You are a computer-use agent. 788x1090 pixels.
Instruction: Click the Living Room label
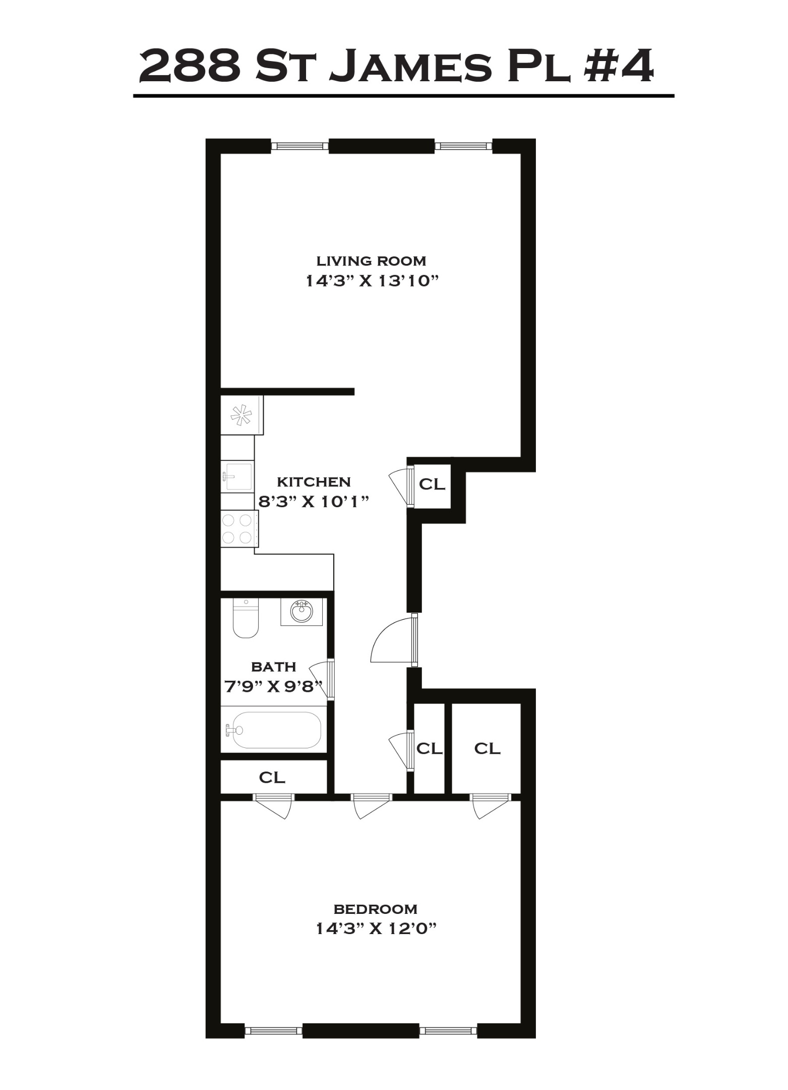[x=371, y=261]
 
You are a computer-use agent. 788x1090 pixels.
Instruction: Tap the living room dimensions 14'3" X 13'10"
[x=371, y=281]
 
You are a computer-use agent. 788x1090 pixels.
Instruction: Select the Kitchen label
[x=314, y=482]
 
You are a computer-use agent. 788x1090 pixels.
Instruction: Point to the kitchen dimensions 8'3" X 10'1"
[x=314, y=502]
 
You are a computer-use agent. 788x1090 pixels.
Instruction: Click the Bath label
[x=273, y=667]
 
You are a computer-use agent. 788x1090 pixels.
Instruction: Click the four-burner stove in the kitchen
[x=239, y=528]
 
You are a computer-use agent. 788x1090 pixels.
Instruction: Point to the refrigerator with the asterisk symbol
[x=241, y=415]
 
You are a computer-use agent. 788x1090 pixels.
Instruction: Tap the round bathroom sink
[x=301, y=612]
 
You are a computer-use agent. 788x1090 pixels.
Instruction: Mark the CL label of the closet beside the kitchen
[x=432, y=484]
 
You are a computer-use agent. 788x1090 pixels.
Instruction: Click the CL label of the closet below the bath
[x=272, y=777]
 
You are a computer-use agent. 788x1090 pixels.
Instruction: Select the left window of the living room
[x=300, y=146]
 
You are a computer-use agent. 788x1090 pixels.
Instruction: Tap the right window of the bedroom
[x=448, y=1030]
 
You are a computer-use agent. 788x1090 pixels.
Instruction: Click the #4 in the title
[x=618, y=66]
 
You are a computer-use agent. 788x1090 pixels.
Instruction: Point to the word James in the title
[x=409, y=66]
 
